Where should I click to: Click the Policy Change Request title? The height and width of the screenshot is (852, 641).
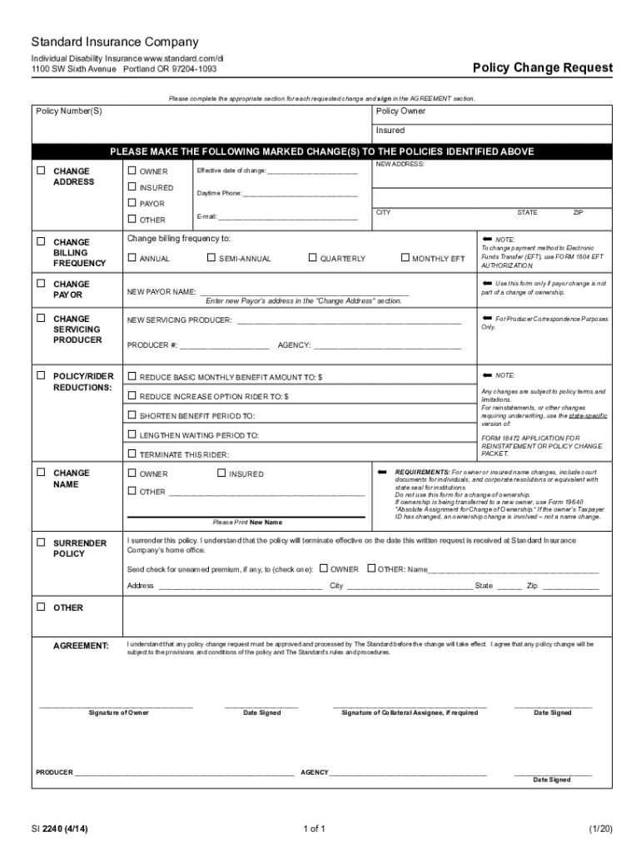pyautogui.click(x=543, y=67)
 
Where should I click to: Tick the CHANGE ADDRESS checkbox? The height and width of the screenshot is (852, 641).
pyautogui.click(x=41, y=171)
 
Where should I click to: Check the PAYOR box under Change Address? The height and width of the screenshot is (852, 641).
pyautogui.click(x=132, y=203)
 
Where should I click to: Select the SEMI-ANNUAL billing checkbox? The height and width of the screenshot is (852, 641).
pyautogui.click(x=211, y=258)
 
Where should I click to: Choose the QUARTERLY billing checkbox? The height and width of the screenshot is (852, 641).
pyautogui.click(x=313, y=258)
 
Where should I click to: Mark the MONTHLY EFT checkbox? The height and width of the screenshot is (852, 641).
pyautogui.click(x=405, y=258)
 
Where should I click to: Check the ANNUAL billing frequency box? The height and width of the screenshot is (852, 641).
pyautogui.click(x=132, y=258)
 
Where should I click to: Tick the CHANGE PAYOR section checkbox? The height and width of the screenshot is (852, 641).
pyautogui.click(x=41, y=284)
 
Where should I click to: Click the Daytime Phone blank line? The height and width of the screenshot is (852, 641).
pyautogui.click(x=300, y=195)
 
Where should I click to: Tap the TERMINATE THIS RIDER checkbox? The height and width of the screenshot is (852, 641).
pyautogui.click(x=132, y=454)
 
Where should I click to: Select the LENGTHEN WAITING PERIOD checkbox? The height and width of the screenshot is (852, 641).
pyautogui.click(x=132, y=434)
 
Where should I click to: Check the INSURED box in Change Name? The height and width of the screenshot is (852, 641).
pyautogui.click(x=221, y=473)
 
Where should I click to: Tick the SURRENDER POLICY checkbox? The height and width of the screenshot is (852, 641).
pyautogui.click(x=41, y=542)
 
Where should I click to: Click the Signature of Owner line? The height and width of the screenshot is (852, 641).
pyautogui.click(x=117, y=706)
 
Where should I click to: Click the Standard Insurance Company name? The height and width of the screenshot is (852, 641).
pyautogui.click(x=115, y=42)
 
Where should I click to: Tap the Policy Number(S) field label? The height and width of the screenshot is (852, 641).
pyautogui.click(x=69, y=111)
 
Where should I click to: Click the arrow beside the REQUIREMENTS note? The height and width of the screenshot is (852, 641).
pyautogui.click(x=383, y=472)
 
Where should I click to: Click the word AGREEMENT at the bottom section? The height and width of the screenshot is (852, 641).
pyautogui.click(x=81, y=646)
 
